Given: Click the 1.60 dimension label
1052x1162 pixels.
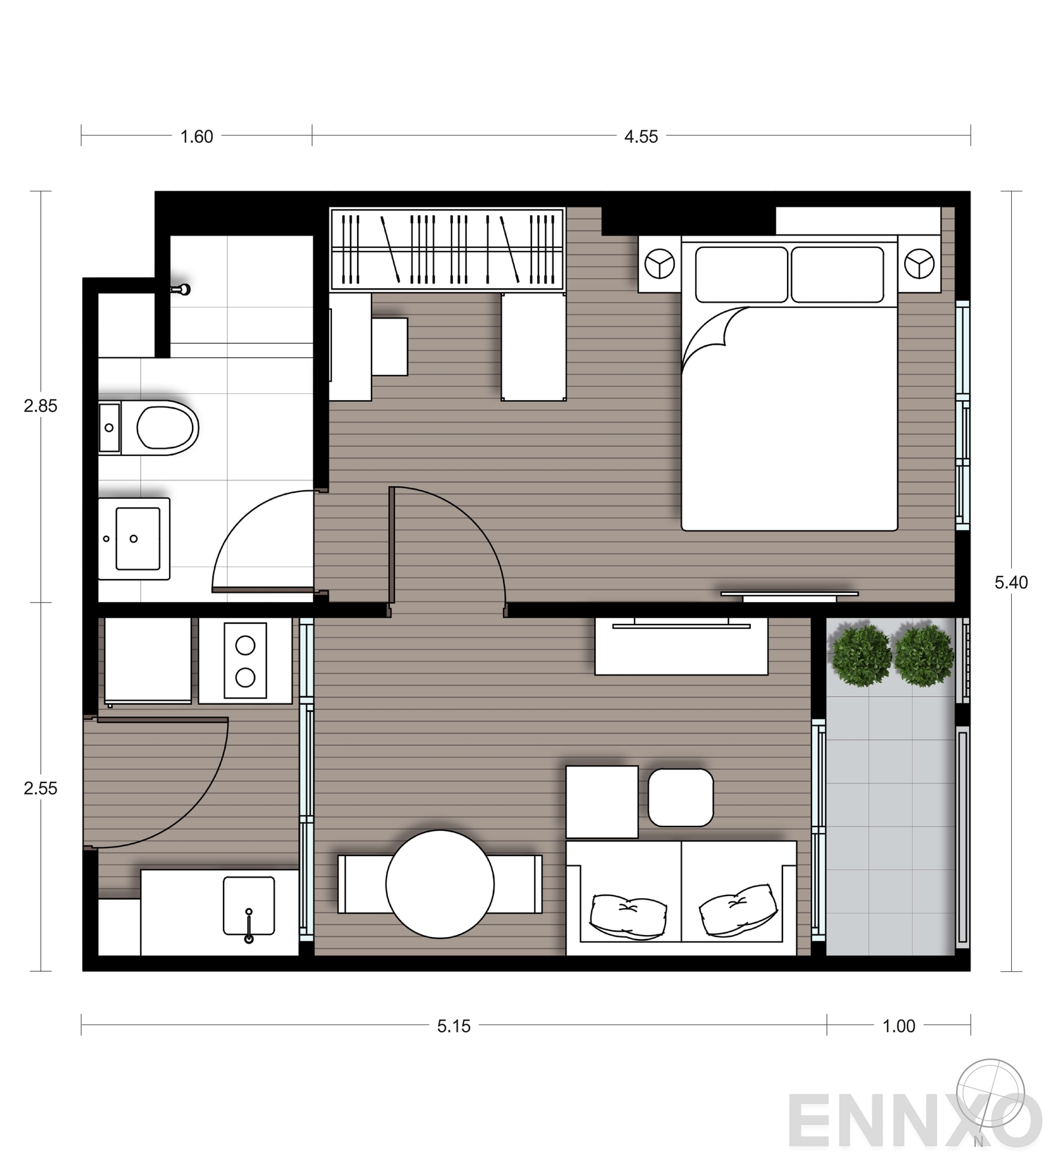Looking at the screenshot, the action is click(197, 137).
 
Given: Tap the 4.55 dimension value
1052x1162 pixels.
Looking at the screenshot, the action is click(641, 137).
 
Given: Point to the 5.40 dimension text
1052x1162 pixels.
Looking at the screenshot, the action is click(1011, 582).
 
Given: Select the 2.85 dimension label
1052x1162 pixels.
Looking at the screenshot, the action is click(41, 406).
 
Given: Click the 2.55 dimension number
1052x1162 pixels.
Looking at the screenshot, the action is click(41, 788).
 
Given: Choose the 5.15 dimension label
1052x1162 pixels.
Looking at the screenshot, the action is click(454, 1026).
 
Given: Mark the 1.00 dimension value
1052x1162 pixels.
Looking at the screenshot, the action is click(899, 1026).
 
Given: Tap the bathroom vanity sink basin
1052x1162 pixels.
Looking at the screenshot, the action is click(137, 539).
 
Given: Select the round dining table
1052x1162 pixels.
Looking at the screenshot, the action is click(440, 884).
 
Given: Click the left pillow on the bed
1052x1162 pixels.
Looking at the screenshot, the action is click(742, 274).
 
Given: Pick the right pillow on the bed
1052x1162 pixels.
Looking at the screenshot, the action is click(837, 274).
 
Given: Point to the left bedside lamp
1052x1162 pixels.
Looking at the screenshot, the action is click(659, 264).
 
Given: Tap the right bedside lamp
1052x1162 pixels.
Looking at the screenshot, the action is click(919, 264).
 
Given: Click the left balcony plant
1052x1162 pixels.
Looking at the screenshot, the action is click(861, 656).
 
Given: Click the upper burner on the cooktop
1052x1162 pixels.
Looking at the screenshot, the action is click(245, 645).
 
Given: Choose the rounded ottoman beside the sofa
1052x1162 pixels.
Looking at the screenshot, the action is click(681, 797).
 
